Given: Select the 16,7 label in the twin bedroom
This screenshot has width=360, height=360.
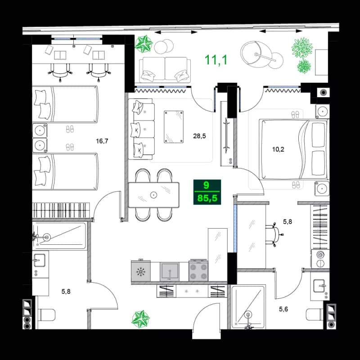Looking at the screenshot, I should pos(102,141).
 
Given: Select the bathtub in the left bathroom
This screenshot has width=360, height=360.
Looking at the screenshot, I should pos(59,235).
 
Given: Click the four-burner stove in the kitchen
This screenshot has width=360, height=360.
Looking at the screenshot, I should pos(198,272).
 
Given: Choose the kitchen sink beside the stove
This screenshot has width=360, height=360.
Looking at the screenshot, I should pos(171,272).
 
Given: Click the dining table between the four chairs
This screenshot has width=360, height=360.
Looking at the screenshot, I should pos(153,194).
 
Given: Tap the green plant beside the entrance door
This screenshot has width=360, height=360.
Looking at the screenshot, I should pos(140,319).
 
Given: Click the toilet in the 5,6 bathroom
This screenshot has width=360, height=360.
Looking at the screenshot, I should pos(315,314).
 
